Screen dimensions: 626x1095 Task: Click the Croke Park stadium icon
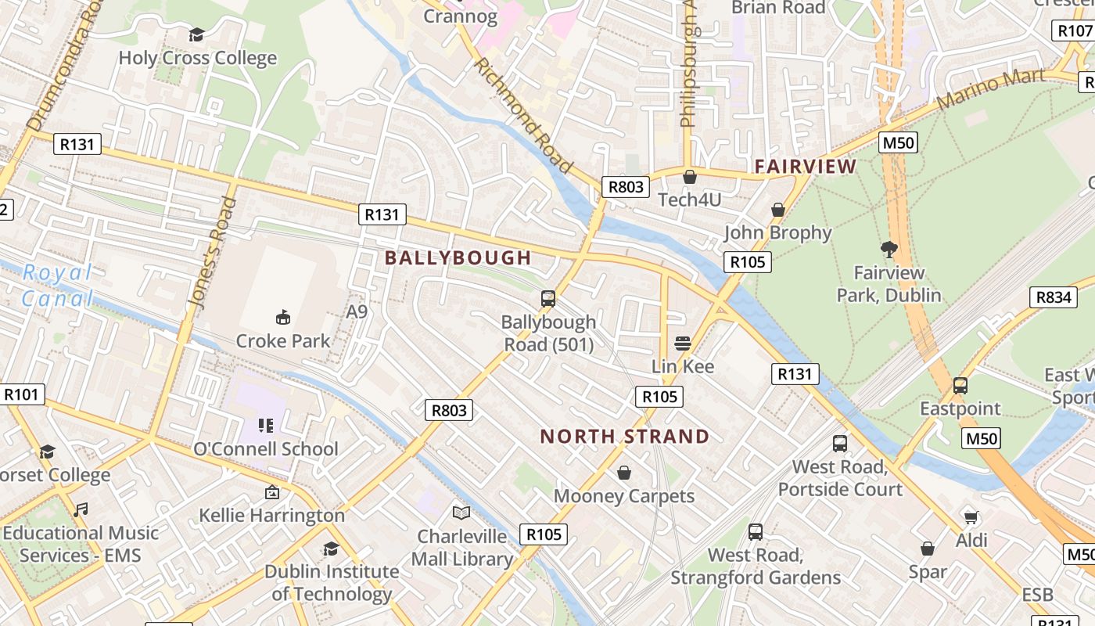(283, 317)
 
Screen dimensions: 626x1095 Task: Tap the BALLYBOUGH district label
(458, 257)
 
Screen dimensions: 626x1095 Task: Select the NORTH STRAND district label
(625, 437)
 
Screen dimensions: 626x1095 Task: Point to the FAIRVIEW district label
(806, 166)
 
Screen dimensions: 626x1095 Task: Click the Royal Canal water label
(57, 286)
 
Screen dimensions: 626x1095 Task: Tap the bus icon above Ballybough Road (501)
(548, 298)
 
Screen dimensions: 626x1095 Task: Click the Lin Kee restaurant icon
(683, 343)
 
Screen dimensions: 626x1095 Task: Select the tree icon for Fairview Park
(889, 250)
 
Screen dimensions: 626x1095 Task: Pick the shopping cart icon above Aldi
(971, 517)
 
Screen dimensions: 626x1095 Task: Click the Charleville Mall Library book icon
(461, 513)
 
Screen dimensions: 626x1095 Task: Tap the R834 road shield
(1054, 297)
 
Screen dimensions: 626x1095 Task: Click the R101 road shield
(21, 394)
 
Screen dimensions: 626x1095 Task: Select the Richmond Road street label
(522, 114)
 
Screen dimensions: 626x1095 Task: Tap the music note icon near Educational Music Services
(80, 510)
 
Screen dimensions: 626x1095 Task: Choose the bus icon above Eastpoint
(960, 386)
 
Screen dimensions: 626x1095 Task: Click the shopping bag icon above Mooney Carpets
(624, 473)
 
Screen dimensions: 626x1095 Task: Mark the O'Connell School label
(266, 449)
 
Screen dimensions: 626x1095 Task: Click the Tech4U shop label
(689, 200)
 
